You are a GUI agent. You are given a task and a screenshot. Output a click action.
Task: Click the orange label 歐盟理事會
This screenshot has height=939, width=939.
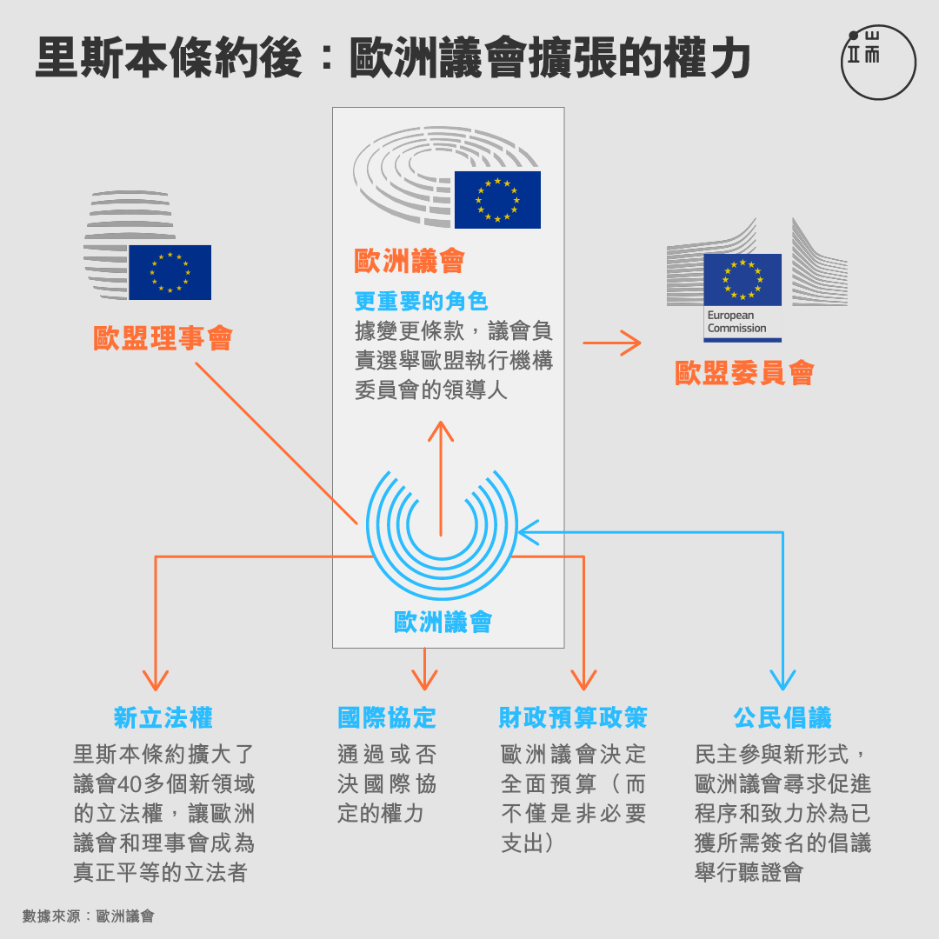163,338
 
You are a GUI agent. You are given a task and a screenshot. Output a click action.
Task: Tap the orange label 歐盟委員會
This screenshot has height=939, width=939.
744,373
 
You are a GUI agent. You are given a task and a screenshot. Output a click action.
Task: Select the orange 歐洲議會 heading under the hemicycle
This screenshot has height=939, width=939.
410,261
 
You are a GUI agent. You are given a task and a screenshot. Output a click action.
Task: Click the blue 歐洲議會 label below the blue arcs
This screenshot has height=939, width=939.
443,623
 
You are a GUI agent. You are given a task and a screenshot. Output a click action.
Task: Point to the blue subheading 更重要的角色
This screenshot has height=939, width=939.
421,301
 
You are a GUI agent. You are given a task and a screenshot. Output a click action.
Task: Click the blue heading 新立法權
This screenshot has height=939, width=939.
163,718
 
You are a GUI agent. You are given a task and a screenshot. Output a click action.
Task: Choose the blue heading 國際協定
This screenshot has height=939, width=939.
387,718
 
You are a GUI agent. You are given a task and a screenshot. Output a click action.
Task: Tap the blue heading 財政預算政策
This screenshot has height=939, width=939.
573,718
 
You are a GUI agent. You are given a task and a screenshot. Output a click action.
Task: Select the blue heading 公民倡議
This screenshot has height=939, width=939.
782,718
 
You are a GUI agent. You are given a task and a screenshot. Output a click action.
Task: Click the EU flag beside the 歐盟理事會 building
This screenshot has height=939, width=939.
170,272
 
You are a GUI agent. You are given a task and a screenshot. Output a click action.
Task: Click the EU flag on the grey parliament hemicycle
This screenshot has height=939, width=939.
497,200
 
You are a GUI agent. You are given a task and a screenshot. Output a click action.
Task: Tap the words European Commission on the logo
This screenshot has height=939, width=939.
736,322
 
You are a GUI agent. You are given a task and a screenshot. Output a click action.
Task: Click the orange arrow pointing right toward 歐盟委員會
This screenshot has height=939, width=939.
612,343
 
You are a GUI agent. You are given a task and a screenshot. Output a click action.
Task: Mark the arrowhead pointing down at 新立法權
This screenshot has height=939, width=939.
156,682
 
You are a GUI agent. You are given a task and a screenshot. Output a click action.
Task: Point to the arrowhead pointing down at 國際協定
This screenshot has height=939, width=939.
424,682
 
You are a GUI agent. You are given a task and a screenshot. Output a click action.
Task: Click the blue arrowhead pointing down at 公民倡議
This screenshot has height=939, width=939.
782,680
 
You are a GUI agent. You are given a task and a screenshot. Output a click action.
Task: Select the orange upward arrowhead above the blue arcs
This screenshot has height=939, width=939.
441,431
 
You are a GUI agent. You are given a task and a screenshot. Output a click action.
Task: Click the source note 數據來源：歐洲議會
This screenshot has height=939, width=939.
89,916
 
